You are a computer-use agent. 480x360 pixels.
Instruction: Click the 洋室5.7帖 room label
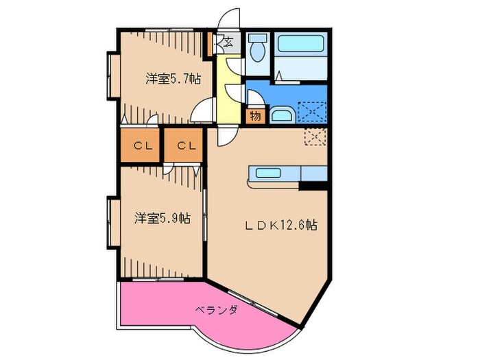[172, 79]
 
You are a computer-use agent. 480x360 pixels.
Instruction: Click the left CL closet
[142, 145]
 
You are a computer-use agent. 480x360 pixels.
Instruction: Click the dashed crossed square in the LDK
[316, 136]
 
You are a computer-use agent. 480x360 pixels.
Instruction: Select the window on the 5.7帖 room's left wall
[110, 75]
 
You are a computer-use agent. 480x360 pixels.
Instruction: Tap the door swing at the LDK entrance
[224, 135]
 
